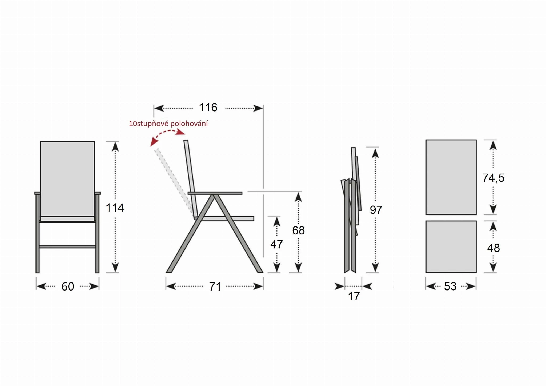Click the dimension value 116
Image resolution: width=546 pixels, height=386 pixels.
point(208,108)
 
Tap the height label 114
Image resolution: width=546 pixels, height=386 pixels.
point(115,208)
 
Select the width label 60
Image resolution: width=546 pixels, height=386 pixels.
point(68,286)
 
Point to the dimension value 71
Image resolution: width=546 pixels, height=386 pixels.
point(215,286)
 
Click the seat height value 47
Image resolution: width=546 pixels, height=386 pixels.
point(276,245)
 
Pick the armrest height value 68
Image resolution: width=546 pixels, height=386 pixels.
point(298,230)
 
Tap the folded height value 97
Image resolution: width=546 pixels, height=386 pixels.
point(376,210)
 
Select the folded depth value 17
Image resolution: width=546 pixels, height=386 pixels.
point(354,296)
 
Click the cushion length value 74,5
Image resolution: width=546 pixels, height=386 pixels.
point(493,178)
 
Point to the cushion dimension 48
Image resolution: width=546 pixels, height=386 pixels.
point(493,248)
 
